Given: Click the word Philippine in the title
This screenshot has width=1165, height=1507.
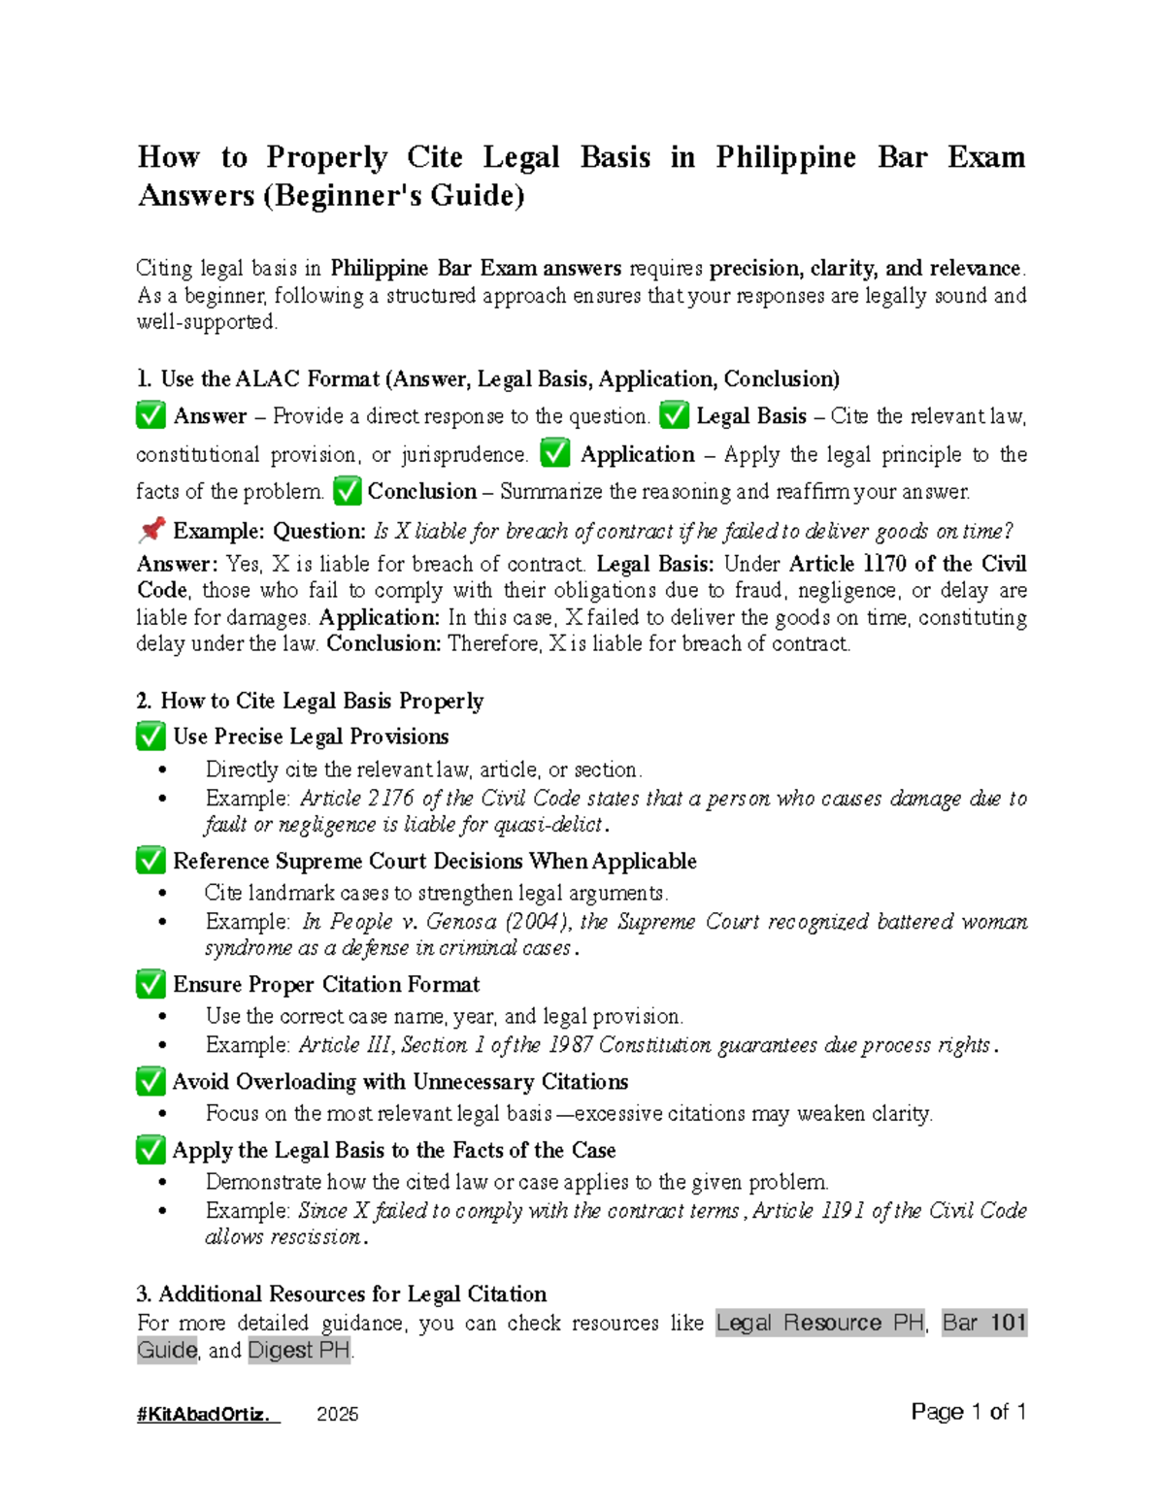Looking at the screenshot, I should tap(785, 157).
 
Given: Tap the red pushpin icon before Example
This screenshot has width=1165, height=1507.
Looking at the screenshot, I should tap(151, 530).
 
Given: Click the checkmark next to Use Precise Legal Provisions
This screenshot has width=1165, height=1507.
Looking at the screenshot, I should tap(150, 737).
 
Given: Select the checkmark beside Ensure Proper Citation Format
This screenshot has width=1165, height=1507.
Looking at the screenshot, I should tap(150, 984).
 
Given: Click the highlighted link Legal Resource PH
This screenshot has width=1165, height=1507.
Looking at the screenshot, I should tap(819, 1323).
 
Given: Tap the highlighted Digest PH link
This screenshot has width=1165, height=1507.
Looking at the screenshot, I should tap(299, 1350).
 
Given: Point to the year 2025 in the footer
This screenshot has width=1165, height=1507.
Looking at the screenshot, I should tap(338, 1414).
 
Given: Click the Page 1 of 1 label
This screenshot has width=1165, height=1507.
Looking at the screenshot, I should tap(968, 1412).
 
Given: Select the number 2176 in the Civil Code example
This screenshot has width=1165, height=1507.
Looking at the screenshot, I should tap(390, 799).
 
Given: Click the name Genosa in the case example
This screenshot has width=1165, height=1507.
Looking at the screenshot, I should tap(457, 922).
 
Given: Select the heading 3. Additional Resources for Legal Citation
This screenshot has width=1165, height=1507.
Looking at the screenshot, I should tap(342, 1294).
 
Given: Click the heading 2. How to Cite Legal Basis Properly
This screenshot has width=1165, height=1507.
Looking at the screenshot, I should tap(310, 701).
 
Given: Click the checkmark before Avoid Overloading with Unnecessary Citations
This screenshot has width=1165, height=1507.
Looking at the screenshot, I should tap(150, 1081).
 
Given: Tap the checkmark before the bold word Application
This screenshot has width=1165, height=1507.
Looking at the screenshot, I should tap(555, 453).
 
